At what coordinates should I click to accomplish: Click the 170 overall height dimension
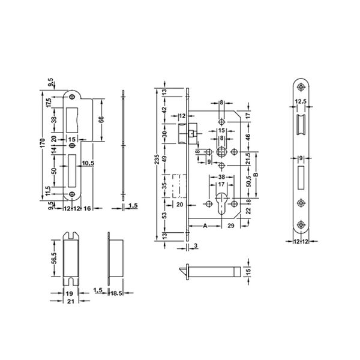pos(43,143)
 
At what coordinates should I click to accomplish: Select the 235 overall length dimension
pos(157,159)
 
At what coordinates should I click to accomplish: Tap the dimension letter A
pos(205,226)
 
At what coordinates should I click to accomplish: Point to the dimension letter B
pos(256,175)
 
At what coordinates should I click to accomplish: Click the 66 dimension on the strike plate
pos(101,119)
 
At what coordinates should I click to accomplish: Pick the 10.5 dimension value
pos(88,163)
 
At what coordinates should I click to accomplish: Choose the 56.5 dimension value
pos(54,259)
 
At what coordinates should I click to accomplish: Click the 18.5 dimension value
pos(116,293)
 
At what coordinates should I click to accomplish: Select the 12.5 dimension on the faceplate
pos(301,101)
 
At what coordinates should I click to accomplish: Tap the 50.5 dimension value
pos(249,181)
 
